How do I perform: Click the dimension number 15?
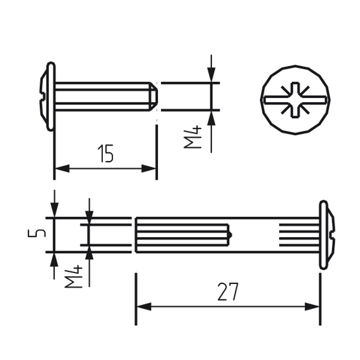106,153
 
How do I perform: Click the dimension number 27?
228,292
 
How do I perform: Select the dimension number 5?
37,233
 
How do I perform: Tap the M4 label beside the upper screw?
193,137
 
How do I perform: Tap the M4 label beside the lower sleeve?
73,276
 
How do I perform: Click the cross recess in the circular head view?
295,100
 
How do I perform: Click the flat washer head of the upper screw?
51,96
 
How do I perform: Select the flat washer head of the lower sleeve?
324,235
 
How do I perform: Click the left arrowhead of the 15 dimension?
62,168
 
